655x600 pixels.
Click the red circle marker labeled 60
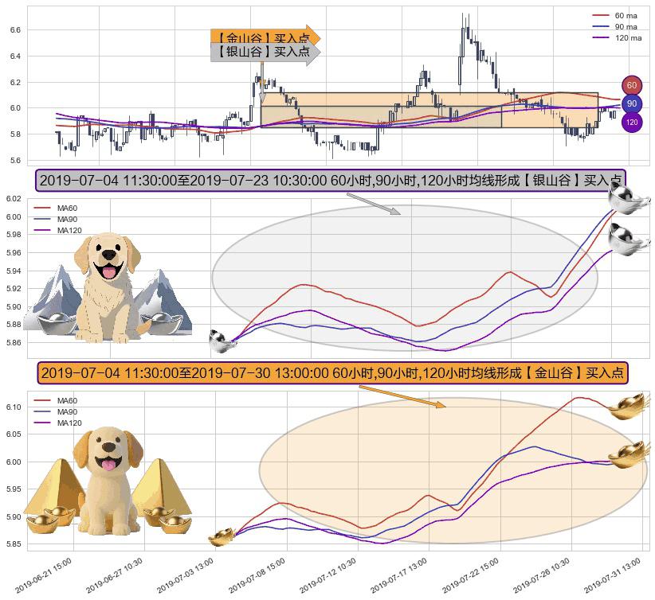(x=632, y=85)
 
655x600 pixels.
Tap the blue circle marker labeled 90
(x=632, y=104)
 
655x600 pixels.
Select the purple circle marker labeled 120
(x=632, y=123)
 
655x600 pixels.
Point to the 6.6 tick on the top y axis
(x=14, y=29)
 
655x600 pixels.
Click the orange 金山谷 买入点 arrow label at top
(x=265, y=37)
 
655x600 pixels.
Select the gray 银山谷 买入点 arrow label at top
(x=265, y=52)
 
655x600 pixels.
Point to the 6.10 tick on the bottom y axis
(x=14, y=407)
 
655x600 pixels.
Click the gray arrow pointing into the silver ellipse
(x=374, y=204)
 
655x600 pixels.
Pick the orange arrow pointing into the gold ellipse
(x=402, y=396)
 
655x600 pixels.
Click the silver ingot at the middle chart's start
(x=221, y=341)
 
